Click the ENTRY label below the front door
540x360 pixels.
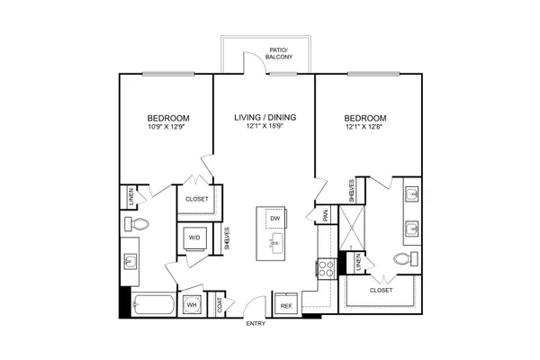tap(256, 323)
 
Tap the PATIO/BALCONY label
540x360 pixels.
tap(279, 53)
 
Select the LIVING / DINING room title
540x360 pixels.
tap(265, 118)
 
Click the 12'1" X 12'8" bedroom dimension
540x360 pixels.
tap(364, 126)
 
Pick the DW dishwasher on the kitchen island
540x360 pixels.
tap(274, 218)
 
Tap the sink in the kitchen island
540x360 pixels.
tap(276, 244)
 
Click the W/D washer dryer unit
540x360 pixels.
tap(194, 238)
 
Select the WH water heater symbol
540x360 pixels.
tap(192, 305)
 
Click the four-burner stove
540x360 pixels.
tap(327, 268)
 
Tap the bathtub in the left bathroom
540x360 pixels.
tap(153, 304)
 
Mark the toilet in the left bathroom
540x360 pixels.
tap(137, 224)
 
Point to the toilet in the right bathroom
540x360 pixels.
tap(406, 258)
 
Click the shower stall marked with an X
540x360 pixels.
tap(352, 228)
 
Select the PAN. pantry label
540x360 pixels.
tap(326, 215)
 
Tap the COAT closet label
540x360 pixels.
tap(220, 305)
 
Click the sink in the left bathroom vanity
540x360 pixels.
tap(130, 262)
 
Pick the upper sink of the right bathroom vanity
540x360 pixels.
tap(412, 195)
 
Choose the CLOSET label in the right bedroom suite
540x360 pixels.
tap(381, 291)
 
